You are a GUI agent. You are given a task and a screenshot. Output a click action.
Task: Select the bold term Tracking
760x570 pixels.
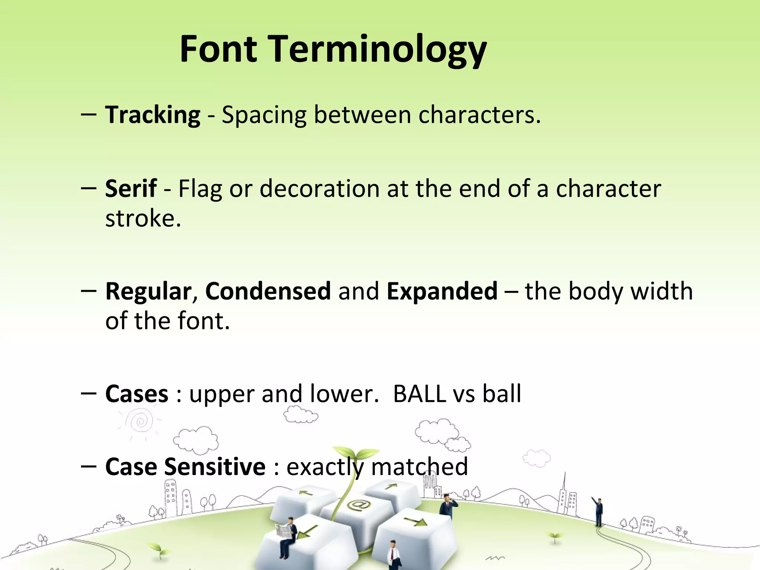tap(153, 115)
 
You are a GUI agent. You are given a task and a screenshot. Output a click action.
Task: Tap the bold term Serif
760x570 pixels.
tap(131, 189)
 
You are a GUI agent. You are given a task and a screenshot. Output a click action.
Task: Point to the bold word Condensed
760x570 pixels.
tap(268, 291)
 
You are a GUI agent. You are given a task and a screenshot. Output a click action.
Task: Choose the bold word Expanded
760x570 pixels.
tap(442, 291)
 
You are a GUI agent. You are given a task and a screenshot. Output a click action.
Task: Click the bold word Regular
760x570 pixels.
tap(148, 292)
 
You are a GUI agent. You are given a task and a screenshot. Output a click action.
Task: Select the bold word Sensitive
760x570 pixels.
tap(215, 466)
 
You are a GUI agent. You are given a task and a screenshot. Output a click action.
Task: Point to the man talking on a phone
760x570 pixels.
tap(447, 505)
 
